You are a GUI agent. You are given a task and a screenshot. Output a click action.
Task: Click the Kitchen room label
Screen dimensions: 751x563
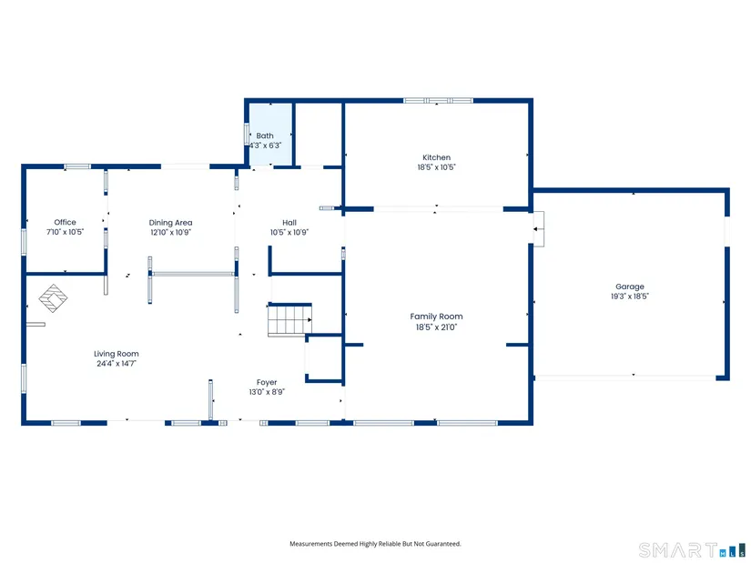pos(436,157)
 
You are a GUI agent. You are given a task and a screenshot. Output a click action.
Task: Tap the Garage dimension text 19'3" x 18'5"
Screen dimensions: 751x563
pos(629,297)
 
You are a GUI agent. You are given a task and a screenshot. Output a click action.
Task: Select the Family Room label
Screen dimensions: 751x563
pos(436,317)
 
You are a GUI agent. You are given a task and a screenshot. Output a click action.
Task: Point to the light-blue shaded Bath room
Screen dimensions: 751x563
pos(269,134)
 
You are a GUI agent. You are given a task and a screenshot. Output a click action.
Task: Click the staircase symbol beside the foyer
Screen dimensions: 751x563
pos(289,319)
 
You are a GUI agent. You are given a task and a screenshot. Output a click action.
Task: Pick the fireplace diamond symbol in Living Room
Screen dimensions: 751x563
pos(53,297)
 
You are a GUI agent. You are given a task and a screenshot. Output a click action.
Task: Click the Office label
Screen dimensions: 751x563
pos(66,222)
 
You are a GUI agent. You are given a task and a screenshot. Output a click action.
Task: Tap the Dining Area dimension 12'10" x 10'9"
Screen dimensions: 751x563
pos(170,232)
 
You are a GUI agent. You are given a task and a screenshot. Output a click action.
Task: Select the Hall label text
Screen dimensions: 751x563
pos(289,223)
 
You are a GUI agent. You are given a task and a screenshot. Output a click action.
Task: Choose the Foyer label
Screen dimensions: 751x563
pos(267,382)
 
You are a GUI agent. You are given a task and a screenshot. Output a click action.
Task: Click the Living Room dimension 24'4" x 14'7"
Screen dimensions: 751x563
pos(117,364)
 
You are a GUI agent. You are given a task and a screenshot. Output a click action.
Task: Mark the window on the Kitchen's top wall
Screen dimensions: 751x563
pos(438,101)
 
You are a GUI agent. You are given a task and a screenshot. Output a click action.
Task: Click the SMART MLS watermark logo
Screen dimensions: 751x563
pos(692,549)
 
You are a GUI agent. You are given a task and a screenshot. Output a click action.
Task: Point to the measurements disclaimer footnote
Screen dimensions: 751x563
pos(375,544)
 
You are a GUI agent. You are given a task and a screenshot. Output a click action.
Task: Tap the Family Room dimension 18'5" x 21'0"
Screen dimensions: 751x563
pos(436,327)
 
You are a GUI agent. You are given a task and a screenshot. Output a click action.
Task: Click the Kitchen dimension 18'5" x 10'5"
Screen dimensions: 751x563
pos(436,167)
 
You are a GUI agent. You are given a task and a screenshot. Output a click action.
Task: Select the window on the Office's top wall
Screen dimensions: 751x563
pos(77,166)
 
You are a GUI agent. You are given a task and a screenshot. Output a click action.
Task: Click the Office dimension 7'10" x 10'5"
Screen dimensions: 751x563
pos(66,232)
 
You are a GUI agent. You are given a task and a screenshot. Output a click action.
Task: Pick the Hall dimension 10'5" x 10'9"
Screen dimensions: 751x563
pos(289,233)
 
